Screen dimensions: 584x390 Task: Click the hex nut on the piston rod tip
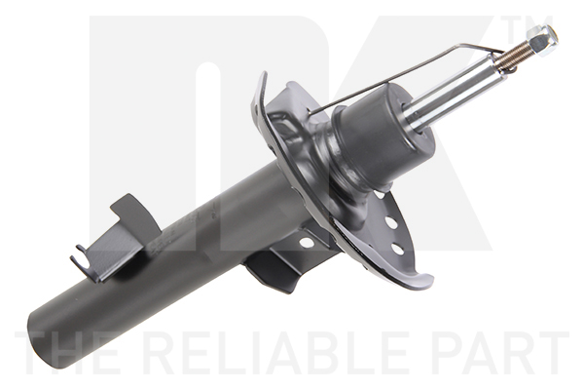click(x=542, y=40)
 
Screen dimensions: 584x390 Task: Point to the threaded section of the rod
click(x=513, y=57)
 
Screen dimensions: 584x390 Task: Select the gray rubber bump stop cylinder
click(x=383, y=134)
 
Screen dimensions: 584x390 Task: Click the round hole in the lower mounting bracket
click(x=307, y=243)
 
